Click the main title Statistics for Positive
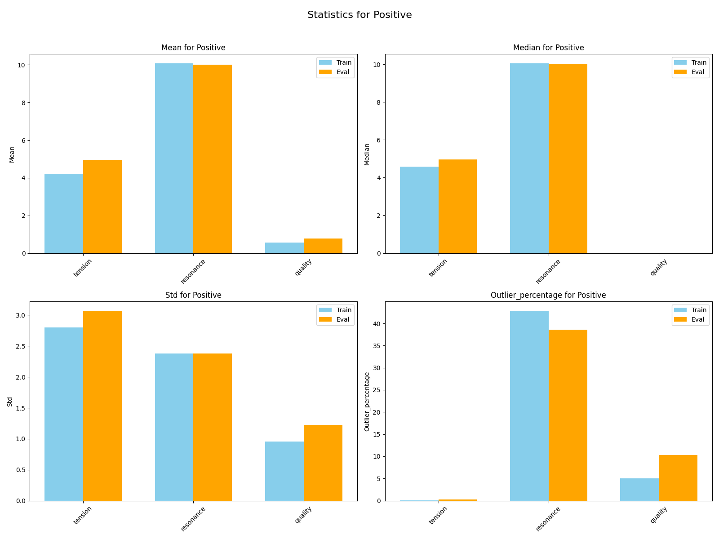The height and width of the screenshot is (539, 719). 359,15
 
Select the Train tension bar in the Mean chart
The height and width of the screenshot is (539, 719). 64,213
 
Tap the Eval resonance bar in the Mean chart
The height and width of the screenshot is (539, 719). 213,159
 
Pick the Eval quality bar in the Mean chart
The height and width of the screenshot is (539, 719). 323,246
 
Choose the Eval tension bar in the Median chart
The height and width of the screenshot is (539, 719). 457,206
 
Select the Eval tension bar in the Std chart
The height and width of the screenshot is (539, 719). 102,406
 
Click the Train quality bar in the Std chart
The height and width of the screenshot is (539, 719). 284,471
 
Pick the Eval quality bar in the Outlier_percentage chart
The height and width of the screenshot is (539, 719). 678,478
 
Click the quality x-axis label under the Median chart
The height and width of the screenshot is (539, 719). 658,268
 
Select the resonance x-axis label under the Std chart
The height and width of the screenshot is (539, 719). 193,519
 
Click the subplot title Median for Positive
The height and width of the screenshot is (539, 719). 548,48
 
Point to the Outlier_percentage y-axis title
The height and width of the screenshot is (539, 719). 367,401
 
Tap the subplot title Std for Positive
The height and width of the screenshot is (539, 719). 193,295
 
